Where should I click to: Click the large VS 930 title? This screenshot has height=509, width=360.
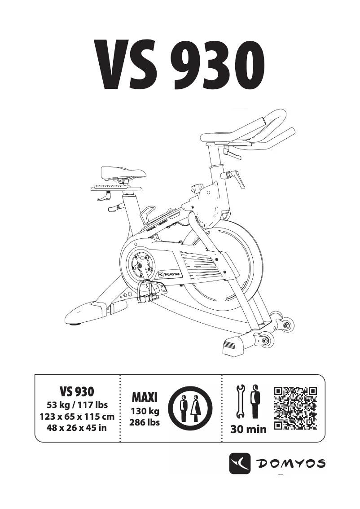179,66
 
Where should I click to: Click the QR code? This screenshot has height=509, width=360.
295,408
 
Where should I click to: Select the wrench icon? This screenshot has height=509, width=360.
240,401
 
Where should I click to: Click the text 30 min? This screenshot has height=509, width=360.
248,430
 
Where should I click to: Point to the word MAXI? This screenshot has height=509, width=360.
145,397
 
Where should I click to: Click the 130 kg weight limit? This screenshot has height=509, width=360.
145,411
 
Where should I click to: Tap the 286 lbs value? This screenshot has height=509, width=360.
145,422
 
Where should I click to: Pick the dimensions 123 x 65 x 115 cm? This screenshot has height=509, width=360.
77,416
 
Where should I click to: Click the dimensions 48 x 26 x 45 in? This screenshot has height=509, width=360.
77,428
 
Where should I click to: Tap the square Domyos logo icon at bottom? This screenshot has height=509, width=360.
240,463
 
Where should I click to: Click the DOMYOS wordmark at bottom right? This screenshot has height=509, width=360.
290,464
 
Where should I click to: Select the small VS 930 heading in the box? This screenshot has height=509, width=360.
77,391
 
